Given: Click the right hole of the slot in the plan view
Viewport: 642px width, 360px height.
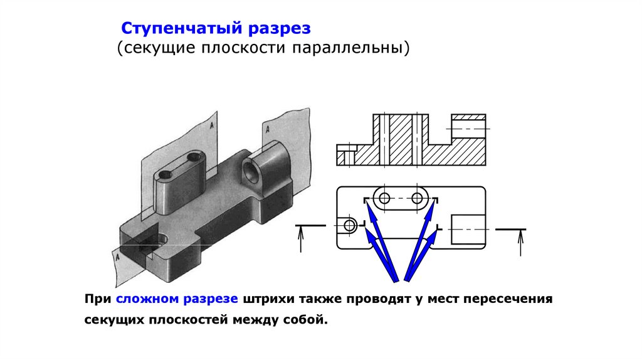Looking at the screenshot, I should click(417, 198).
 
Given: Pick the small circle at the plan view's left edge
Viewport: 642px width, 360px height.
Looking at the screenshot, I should click(350, 224).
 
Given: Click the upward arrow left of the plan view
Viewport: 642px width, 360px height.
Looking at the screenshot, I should click(302, 240).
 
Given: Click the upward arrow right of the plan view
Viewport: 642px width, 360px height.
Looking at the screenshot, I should click(520, 243).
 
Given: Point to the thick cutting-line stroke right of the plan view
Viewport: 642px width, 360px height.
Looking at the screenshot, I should click(510, 230).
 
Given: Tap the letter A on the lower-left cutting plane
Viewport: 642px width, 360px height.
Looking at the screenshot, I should click(117, 257).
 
